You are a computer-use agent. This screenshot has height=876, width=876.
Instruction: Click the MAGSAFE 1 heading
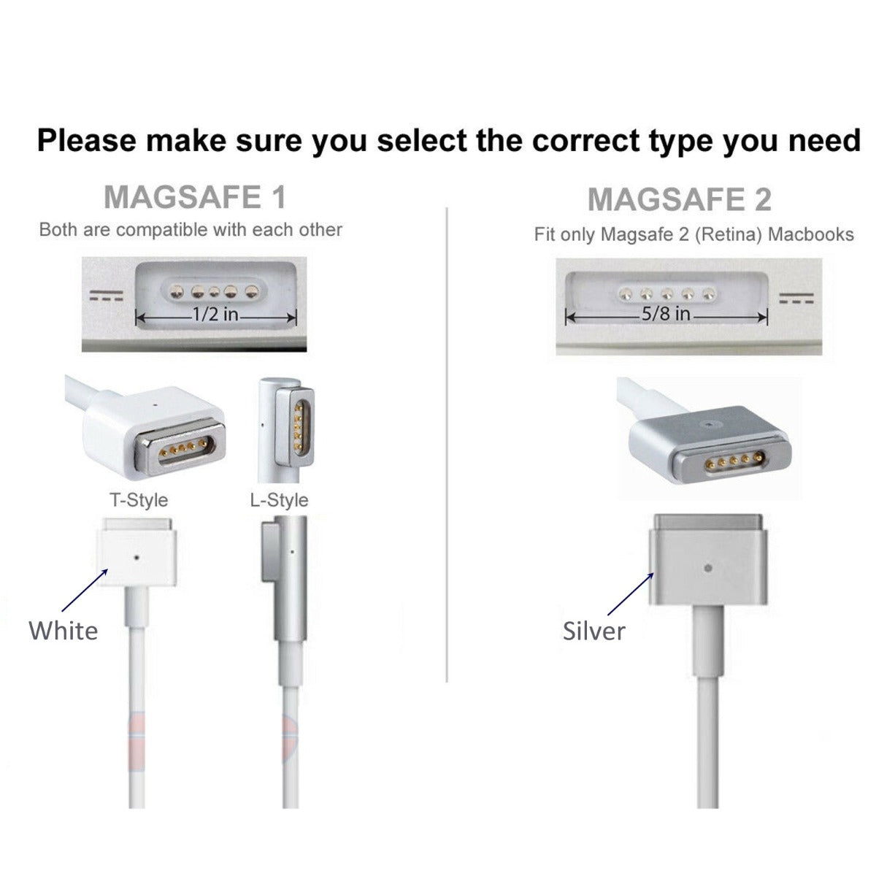tap(194, 198)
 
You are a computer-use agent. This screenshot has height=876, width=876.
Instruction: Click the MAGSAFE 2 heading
tap(679, 199)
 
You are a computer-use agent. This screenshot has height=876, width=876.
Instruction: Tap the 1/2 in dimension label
tap(215, 315)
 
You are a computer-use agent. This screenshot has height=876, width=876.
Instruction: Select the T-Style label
tap(139, 500)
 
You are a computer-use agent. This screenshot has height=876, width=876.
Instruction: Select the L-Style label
tap(279, 500)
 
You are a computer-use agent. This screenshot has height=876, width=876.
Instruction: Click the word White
tap(63, 630)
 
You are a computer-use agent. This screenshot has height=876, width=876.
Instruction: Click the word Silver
tap(593, 631)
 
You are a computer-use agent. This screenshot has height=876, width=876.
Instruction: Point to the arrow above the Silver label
tap(630, 593)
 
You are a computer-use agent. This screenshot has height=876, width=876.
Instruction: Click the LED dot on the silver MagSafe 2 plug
tap(707, 566)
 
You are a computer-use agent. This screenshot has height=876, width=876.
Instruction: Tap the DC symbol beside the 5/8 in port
tap(796, 299)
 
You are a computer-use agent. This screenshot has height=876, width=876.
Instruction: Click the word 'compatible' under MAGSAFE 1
tap(162, 230)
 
